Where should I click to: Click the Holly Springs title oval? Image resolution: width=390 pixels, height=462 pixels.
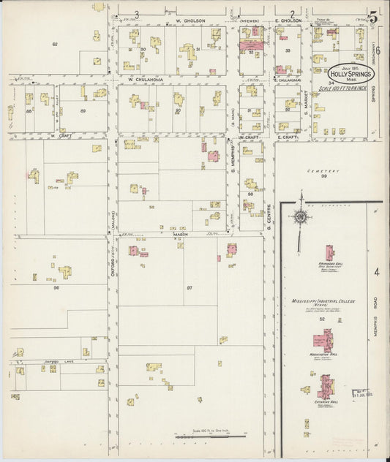(355, 74)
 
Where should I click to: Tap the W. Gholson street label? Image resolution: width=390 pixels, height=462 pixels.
(190, 21)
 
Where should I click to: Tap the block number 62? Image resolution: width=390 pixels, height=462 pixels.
(55, 45)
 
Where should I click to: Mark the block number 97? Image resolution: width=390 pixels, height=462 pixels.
(189, 288)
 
